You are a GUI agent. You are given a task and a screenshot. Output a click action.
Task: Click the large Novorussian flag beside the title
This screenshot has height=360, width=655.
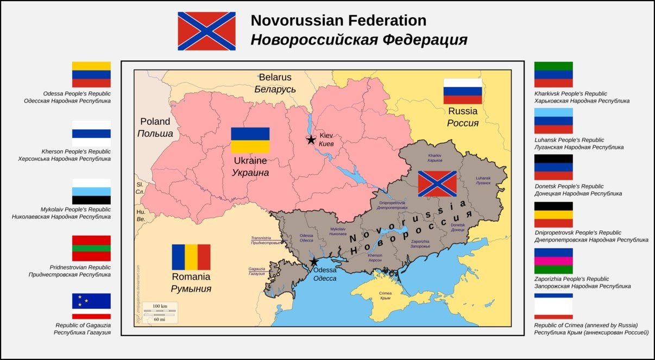coord(206,31)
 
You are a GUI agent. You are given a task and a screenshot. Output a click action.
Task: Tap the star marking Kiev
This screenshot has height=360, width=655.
coord(311,140)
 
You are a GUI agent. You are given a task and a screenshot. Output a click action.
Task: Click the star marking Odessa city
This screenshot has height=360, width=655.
coord(313,262)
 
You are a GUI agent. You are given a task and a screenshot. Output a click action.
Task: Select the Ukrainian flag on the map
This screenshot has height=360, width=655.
coord(250,140)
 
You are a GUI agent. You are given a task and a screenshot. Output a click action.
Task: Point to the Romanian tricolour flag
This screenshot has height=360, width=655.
coord(191,257)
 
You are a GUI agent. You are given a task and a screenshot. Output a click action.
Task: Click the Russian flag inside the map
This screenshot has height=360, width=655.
coord(463,91)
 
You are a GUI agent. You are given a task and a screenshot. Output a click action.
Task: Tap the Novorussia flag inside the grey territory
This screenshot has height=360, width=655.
coord(437,184)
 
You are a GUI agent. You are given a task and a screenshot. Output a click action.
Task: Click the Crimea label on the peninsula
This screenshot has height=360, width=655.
coord(385,295)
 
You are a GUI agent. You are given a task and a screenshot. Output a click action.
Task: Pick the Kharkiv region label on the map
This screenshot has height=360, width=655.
coord(435,158)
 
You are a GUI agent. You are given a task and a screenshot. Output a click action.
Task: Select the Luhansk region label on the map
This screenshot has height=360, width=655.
coord(483,180)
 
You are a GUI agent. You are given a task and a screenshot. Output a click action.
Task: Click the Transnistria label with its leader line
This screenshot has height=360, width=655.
coord(265,240)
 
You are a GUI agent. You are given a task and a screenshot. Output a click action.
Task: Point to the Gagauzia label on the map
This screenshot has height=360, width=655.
coord(257,271)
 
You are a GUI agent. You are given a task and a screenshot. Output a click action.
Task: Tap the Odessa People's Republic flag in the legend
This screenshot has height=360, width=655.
coord(91,74)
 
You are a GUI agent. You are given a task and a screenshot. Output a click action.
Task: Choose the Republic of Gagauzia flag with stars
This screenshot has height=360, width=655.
coord(91,306)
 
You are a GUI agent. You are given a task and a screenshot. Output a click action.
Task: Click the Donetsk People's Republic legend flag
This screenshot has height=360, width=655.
coord(553,167)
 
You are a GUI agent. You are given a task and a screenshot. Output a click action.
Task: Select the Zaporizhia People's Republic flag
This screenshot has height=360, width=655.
coord(553,261)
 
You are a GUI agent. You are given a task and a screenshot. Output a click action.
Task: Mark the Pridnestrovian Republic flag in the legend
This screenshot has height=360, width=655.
coord(91,248)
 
